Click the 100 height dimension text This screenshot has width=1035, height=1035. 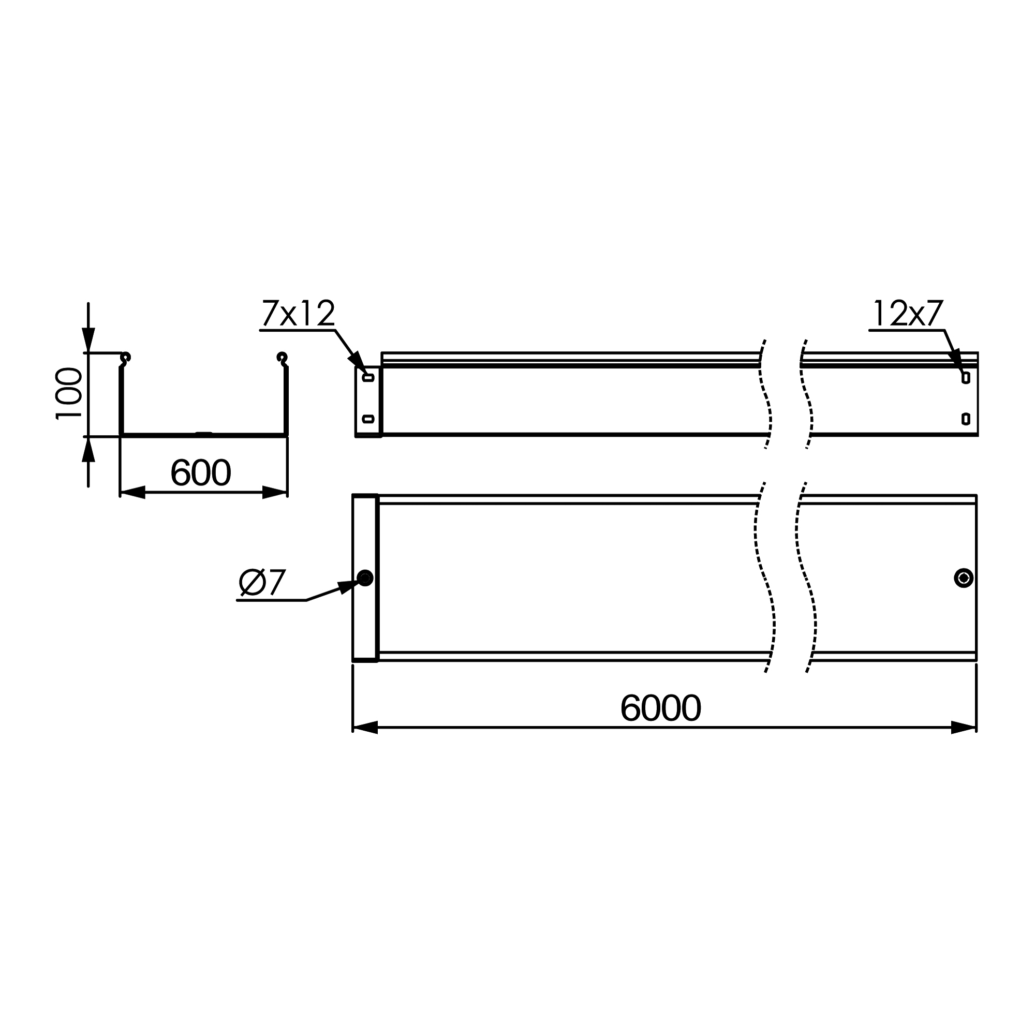pyautogui.click(x=69, y=393)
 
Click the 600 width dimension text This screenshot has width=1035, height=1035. pyautogui.click(x=200, y=473)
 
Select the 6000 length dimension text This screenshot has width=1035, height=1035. pyautogui.click(x=660, y=708)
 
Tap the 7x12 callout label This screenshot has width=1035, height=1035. pyautogui.click(x=299, y=314)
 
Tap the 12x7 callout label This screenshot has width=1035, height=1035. pyautogui.click(x=908, y=314)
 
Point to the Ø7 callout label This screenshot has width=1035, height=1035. pyautogui.click(x=262, y=583)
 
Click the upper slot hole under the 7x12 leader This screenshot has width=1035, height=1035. pyautogui.click(x=368, y=378)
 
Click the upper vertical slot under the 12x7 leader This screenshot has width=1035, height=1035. pyautogui.click(x=966, y=378)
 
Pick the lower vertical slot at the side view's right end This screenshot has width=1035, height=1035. pyautogui.click(x=966, y=418)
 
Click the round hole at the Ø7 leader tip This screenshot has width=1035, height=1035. pyautogui.click(x=365, y=578)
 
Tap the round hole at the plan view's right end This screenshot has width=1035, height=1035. pyautogui.click(x=964, y=578)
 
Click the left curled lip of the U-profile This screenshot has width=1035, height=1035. pyautogui.click(x=125, y=357)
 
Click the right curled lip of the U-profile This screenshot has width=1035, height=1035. pyautogui.click(x=283, y=357)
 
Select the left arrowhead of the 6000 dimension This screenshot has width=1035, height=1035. pyautogui.click(x=365, y=728)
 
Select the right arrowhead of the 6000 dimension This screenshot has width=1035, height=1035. pyautogui.click(x=963, y=728)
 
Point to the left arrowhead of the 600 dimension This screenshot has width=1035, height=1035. pyautogui.click(x=132, y=492)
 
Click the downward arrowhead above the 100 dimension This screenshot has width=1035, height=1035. pyautogui.click(x=88, y=339)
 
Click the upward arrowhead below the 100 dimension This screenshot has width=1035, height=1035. pyautogui.click(x=88, y=450)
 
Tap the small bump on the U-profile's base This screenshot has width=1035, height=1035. pyautogui.click(x=203, y=433)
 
